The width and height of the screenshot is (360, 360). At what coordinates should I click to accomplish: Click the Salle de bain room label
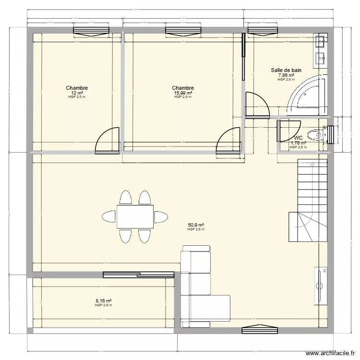tap(286, 70)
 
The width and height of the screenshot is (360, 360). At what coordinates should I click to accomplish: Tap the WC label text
tap(298, 138)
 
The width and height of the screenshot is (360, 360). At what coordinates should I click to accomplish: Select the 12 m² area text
tap(77, 93)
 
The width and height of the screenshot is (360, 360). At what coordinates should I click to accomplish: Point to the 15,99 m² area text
tap(183, 93)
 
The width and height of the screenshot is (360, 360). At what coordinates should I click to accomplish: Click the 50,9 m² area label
tap(196, 225)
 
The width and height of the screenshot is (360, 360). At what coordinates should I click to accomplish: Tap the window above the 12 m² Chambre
tap(87, 31)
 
